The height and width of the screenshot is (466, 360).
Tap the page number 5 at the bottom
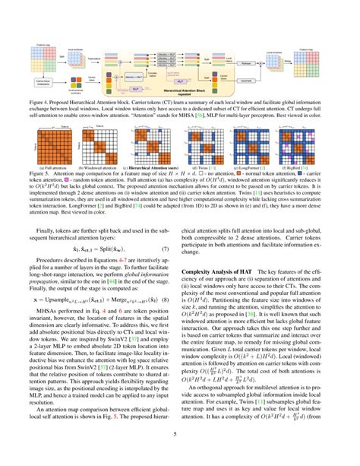point(180,455)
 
